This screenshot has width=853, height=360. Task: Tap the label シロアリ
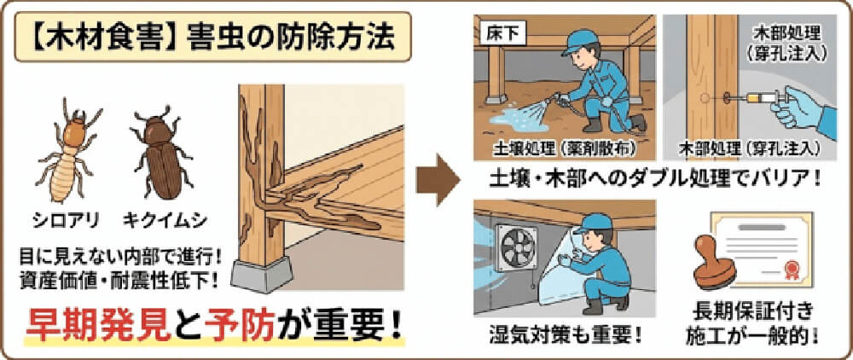pos(69,220)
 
